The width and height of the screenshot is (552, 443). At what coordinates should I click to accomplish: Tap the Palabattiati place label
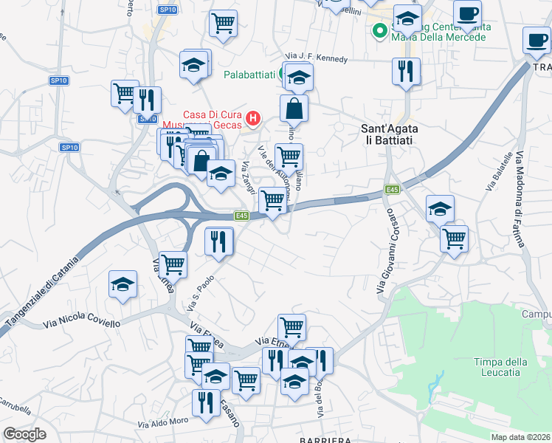(x=250, y=75)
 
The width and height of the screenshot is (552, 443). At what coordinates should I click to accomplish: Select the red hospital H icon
(x=253, y=117)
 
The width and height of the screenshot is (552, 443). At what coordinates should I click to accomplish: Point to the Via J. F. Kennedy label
(x=316, y=58)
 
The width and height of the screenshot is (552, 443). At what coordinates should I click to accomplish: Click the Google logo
(x=24, y=434)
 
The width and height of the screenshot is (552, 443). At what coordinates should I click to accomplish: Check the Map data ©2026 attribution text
(x=521, y=437)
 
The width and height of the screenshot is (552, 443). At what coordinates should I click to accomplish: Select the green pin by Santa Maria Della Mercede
(x=379, y=31)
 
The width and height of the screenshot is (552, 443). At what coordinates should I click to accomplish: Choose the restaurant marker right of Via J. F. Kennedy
(x=405, y=70)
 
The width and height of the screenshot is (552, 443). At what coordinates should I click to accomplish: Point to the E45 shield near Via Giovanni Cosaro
(x=392, y=190)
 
